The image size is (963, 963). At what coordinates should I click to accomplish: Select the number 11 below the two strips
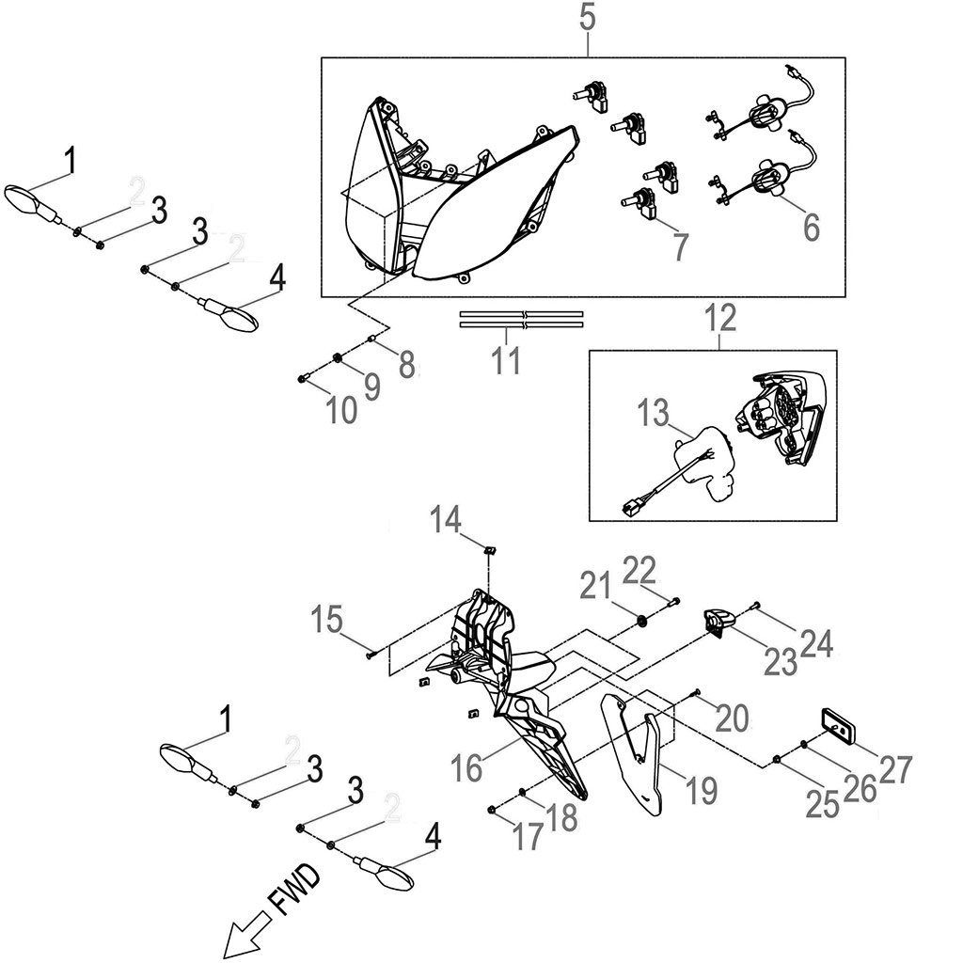click(x=506, y=360)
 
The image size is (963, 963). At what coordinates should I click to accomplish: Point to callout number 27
click(x=895, y=768)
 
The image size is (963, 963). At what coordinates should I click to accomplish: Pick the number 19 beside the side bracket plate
click(x=699, y=791)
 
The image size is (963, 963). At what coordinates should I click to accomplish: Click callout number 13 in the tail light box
click(x=655, y=413)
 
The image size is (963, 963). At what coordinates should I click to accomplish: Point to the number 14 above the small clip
click(x=447, y=518)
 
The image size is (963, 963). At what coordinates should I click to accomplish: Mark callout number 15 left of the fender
click(x=328, y=621)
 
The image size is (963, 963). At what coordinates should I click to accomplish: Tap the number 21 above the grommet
click(x=594, y=590)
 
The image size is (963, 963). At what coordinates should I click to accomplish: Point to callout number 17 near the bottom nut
click(x=528, y=835)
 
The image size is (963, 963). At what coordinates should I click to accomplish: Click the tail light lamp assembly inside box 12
click(x=785, y=418)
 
